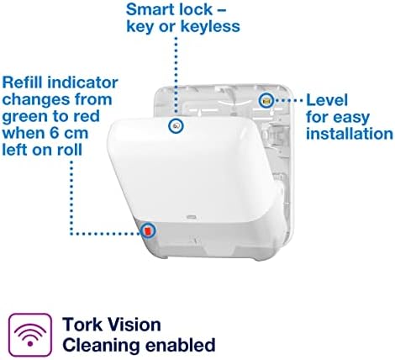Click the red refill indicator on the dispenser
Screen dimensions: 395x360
tap(148, 230)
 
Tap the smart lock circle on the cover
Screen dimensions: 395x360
tap(176, 125)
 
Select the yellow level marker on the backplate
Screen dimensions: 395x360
tap(266, 100)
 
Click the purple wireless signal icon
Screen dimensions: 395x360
tap(30, 335)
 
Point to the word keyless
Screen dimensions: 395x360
tap(211, 27)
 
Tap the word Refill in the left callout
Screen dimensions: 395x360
tap(23, 82)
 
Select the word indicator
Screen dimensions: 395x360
tap(82, 82)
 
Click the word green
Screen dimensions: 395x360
tap(24, 117)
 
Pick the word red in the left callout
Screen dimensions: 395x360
tap(87, 116)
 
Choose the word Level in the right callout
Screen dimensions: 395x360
tap(327, 100)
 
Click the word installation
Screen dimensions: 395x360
tap(350, 134)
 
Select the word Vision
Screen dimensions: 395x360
tap(134, 325)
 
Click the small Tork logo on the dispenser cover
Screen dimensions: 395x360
tap(191, 216)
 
